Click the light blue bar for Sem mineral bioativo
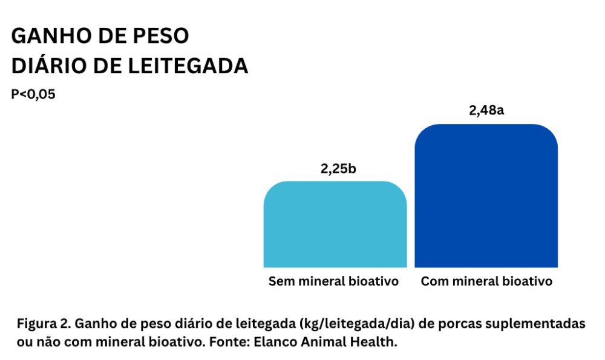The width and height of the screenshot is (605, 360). (x=335, y=225)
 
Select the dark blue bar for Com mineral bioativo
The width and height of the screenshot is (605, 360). (x=486, y=197)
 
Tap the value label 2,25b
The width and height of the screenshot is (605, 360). (x=338, y=168)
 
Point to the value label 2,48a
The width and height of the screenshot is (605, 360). (x=486, y=111)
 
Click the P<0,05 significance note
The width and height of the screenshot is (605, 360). (x=33, y=94)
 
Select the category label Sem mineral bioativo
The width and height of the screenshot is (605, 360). (x=334, y=281)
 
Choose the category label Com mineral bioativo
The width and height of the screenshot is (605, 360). (x=486, y=281)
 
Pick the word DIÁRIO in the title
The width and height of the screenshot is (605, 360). (x=48, y=66)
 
